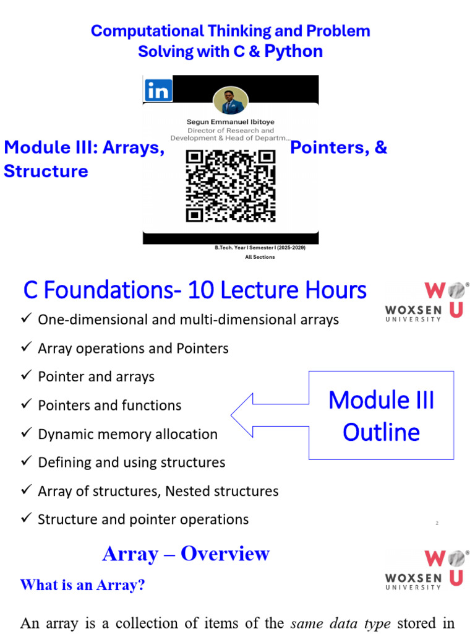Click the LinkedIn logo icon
click(158, 90)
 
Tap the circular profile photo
click(231, 100)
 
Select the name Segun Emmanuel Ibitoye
click(231, 122)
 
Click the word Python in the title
click(294, 51)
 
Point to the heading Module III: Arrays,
click(84, 148)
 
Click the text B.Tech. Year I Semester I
click(260, 248)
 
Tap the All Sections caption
click(260, 257)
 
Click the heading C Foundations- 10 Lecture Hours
click(195, 290)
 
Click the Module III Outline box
click(381, 415)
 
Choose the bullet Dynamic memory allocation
click(127, 434)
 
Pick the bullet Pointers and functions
click(109, 406)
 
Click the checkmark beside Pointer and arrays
click(26, 376)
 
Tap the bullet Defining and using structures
click(131, 462)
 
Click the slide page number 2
click(437, 524)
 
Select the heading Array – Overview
click(186, 554)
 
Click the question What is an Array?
click(83, 585)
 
